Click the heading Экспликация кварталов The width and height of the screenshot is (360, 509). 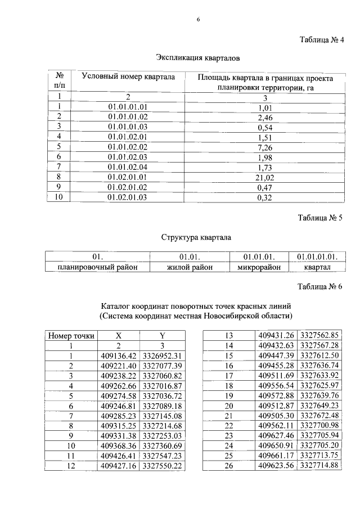197,58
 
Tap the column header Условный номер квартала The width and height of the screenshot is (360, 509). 128,77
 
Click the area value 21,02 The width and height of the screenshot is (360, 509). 264,177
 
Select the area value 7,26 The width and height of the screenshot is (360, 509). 264,147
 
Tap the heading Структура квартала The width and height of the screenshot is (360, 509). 197,237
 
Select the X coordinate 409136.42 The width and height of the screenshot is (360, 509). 119,356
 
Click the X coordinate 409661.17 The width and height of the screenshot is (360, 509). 277,455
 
